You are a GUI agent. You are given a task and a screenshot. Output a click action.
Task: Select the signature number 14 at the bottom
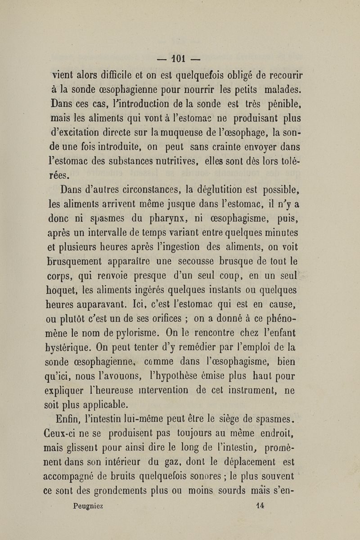click(260, 505)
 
